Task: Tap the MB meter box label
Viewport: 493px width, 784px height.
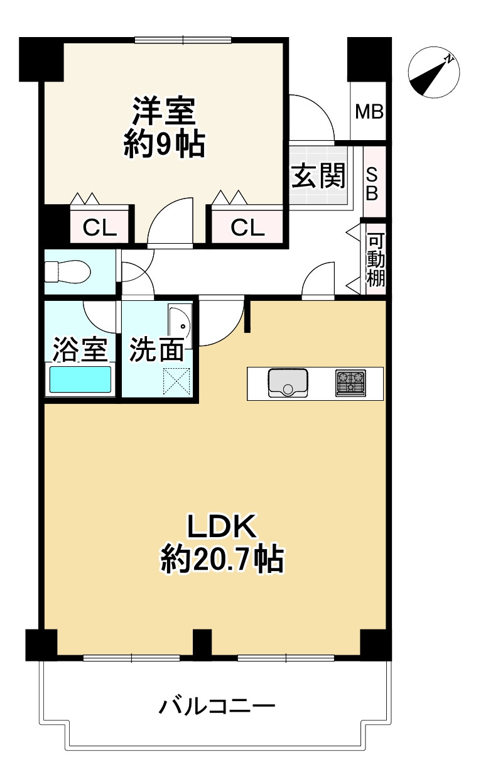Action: click(369, 112)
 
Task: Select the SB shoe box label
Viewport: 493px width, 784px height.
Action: click(372, 183)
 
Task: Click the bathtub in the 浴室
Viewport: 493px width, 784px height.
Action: click(80, 380)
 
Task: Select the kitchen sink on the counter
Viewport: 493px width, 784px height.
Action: click(288, 383)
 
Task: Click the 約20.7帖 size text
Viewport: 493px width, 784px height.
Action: click(222, 558)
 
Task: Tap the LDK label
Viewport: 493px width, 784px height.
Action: click(222, 526)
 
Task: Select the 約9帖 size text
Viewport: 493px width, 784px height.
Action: click(163, 145)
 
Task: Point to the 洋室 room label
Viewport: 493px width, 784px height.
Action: click(164, 112)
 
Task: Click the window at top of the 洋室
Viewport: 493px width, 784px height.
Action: click(183, 41)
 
